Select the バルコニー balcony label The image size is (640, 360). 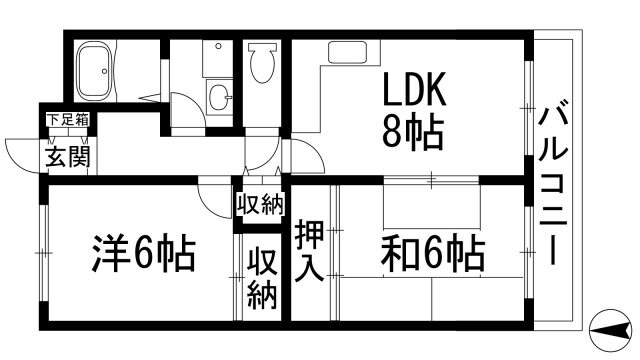point(552,184)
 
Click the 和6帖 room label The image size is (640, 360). point(432,254)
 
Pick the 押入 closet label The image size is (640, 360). point(307,250)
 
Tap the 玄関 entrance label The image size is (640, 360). point(66,156)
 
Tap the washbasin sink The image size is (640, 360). point(220,96)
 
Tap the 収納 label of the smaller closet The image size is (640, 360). point(259,205)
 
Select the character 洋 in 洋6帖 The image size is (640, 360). point(112,253)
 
